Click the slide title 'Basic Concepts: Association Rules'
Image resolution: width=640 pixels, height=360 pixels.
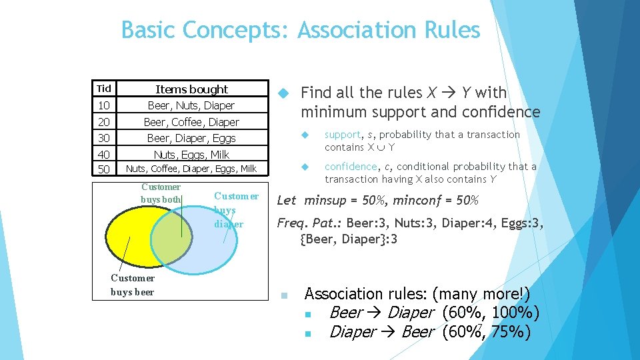click(x=300, y=30)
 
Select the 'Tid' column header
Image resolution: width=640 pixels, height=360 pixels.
click(x=103, y=89)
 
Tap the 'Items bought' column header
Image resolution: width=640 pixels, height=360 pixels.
click(x=191, y=89)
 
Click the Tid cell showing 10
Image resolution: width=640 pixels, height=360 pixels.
click(x=103, y=105)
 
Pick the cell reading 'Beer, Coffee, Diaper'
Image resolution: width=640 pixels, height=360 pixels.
click(x=191, y=122)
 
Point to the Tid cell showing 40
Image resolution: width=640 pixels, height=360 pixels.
click(x=103, y=155)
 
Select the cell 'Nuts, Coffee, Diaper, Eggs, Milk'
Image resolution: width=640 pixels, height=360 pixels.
click(x=191, y=169)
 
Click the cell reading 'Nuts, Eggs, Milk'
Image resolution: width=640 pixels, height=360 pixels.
click(x=191, y=155)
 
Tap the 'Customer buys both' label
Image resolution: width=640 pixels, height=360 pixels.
click(x=161, y=193)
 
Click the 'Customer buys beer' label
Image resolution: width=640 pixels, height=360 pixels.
click(x=132, y=285)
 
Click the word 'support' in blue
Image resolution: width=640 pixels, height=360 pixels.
click(x=343, y=135)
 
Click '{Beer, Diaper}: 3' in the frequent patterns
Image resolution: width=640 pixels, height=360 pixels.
click(x=349, y=239)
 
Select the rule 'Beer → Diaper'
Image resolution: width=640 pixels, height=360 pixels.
click(x=381, y=313)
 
